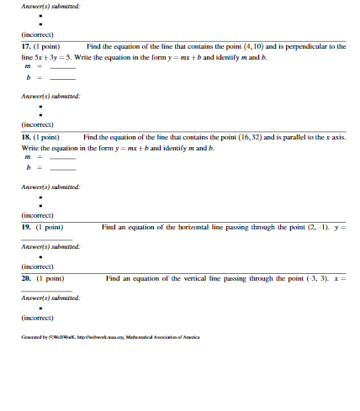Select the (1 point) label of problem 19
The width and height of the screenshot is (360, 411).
pos(50,226)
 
